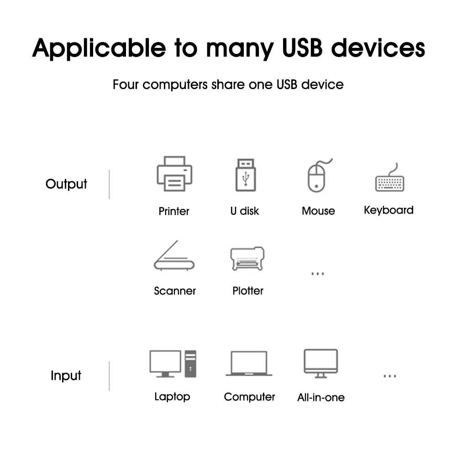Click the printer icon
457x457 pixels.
[x=174, y=174]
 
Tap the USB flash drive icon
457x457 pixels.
[x=246, y=175]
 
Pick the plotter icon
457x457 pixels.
[x=247, y=259]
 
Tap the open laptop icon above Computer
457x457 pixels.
[x=249, y=364]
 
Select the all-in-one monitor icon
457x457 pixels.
[x=321, y=363]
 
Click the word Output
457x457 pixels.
[x=66, y=184]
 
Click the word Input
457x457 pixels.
[x=66, y=376]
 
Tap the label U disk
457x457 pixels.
[x=244, y=211]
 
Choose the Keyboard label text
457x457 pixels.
[x=389, y=210]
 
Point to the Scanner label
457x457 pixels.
[x=175, y=291]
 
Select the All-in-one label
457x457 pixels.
[x=321, y=397]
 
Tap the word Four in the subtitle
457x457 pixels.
[x=126, y=84]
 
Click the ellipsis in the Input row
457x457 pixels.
[x=389, y=376]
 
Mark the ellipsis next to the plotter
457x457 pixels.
[x=317, y=274]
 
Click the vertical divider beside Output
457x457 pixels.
[x=109, y=184]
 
